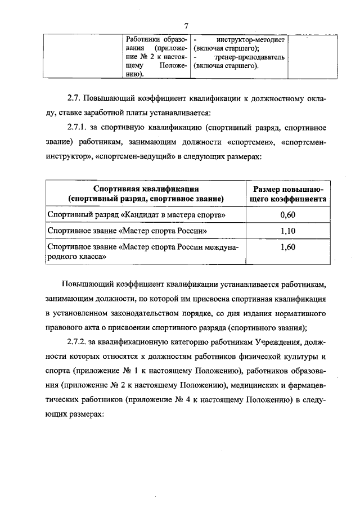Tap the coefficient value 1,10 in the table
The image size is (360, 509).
click(287, 231)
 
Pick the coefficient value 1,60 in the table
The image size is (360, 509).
click(287, 246)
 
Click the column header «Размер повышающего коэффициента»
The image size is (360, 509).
click(287, 193)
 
